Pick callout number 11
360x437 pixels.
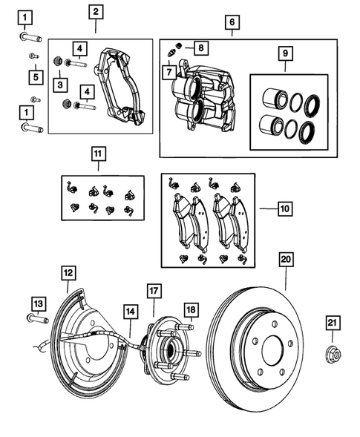pos(99,155)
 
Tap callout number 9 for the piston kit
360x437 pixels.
pos(285,54)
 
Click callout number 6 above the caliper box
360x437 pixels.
pos(232,23)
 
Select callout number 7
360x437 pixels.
pos(170,73)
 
